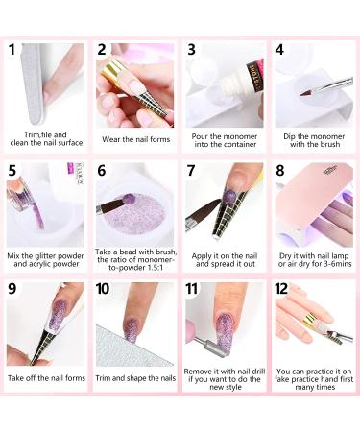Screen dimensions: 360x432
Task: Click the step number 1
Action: (x=12, y=50)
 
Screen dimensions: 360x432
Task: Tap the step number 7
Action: (x=191, y=170)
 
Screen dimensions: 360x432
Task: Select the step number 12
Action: (x=281, y=289)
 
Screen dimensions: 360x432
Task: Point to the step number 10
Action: (x=103, y=289)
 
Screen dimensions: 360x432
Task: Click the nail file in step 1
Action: (x=35, y=84)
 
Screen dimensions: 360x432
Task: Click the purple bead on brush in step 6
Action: (x=129, y=199)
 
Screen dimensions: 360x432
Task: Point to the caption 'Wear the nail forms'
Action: (x=136, y=139)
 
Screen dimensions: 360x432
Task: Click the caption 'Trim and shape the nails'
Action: (x=135, y=378)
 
